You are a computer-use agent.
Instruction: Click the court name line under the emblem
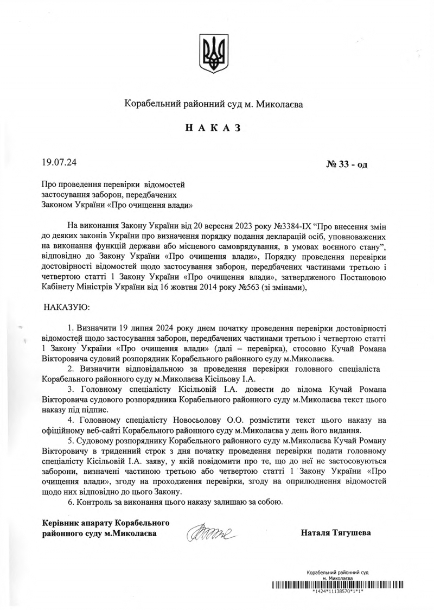216,103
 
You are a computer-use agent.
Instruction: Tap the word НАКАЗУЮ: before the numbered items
67,308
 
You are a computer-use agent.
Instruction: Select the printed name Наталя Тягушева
336,532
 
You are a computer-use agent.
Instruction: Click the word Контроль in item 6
95,502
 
